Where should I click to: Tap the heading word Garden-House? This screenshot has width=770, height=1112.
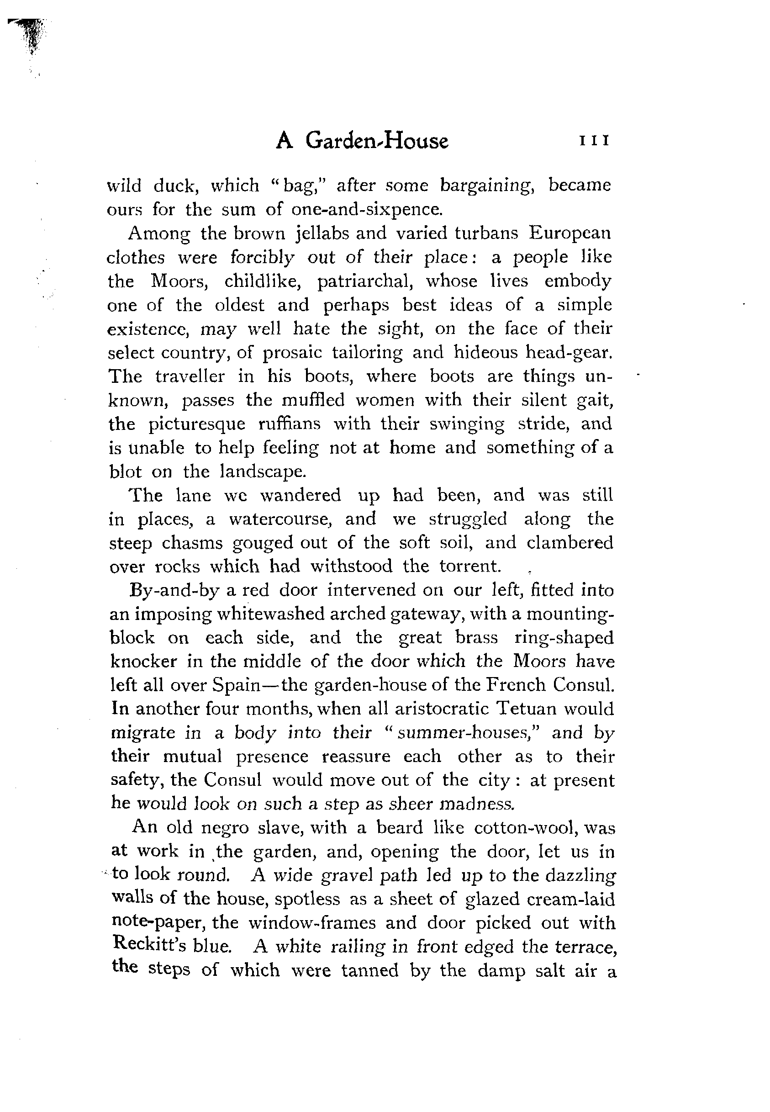[377, 141]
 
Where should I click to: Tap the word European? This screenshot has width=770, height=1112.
[570, 233]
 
